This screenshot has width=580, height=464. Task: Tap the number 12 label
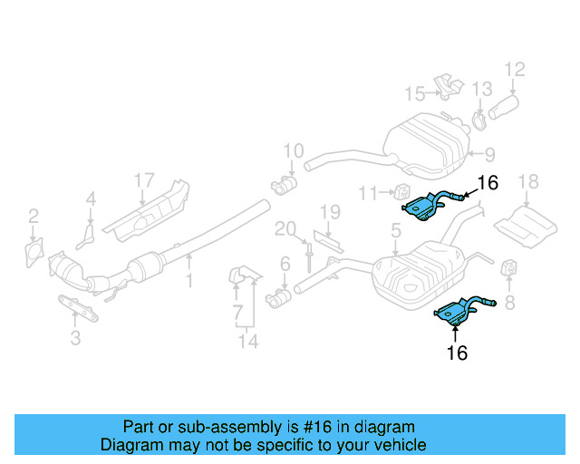click(x=514, y=69)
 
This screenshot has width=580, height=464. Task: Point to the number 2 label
click(x=33, y=216)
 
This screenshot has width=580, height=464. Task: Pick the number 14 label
click(x=248, y=342)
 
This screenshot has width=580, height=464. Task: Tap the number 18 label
click(x=527, y=182)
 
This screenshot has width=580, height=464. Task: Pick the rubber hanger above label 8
click(x=508, y=269)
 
